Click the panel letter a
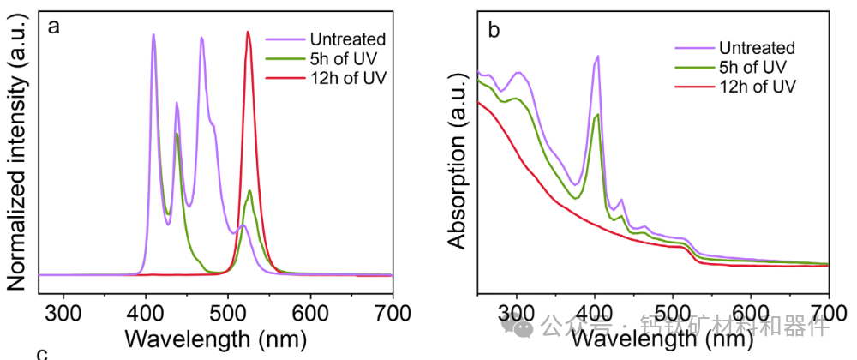54,27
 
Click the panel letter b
494,31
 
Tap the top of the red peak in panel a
248,32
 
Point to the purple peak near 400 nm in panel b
597,56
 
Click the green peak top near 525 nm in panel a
249,190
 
